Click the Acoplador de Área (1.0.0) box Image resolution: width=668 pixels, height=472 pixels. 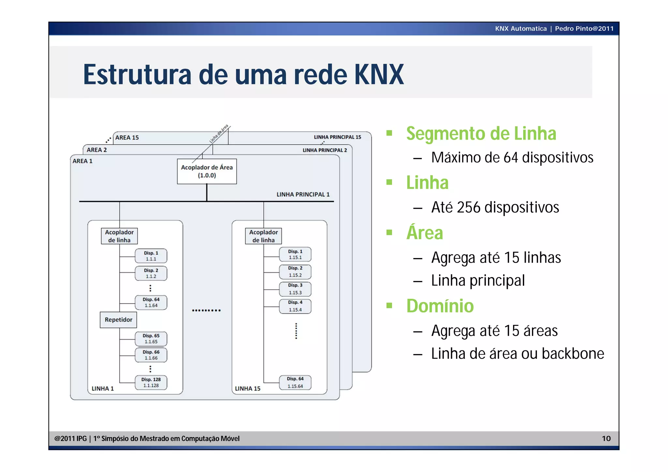click(207, 171)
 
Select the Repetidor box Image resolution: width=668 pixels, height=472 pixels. click(118, 320)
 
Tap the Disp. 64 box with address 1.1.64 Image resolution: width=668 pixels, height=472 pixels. click(151, 302)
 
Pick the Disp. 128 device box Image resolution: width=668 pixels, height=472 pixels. click(151, 382)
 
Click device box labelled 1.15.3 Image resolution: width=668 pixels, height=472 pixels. click(295, 289)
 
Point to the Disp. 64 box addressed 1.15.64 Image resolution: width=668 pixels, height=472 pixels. click(295, 382)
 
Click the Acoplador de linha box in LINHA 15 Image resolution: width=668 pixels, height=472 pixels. click(263, 236)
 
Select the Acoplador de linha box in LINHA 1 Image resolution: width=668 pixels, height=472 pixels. click(119, 236)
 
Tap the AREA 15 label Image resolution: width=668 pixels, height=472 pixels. click(127, 138)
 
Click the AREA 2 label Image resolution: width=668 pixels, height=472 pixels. click(97, 150)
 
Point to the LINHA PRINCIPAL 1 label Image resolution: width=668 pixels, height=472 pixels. click(303, 194)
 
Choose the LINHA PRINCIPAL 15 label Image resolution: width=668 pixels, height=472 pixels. click(337, 137)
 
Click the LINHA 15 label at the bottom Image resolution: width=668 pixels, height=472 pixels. click(248, 388)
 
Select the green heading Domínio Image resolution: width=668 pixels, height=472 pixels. click(440, 306)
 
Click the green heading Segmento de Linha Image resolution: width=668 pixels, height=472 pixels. click(481, 133)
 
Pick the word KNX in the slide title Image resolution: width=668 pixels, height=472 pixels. click(379, 75)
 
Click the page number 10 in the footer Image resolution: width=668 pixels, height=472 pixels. click(606, 438)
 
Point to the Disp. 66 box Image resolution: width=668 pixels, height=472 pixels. click(151, 355)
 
